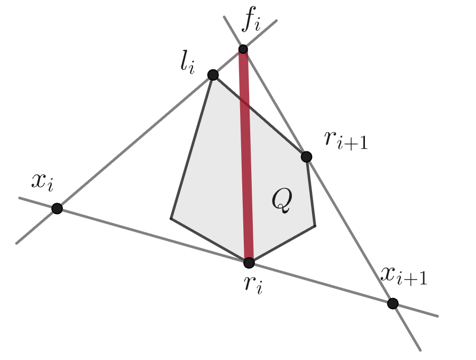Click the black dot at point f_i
click(x=243, y=49)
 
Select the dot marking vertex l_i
click(x=213, y=75)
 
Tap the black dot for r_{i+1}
click(x=306, y=156)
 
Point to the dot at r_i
click(x=249, y=262)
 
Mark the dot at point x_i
click(x=57, y=209)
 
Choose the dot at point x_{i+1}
click(x=392, y=303)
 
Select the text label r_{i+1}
click(x=345, y=140)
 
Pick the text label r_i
click(x=253, y=286)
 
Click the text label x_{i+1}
click(x=404, y=276)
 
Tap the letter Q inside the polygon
click(x=281, y=202)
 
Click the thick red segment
click(x=246, y=159)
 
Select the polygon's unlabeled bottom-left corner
click(x=171, y=218)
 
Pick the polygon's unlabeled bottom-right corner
click(x=315, y=226)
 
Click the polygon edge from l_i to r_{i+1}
click(x=259, y=115)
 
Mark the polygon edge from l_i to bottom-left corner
click(x=191, y=147)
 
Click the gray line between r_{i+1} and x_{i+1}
click(x=349, y=230)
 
